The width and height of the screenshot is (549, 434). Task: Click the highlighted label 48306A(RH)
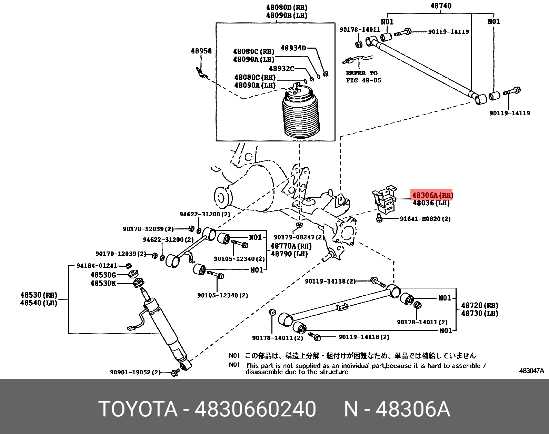pos(432,195)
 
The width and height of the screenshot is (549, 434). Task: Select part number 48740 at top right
pos(440,6)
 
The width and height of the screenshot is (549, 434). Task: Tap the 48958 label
pos(201,51)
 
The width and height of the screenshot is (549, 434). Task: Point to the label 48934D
pos(293,48)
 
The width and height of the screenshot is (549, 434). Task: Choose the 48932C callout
pos(281,69)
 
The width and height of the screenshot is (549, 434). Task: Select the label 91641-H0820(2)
pos(425,219)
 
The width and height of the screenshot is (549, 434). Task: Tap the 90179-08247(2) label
pos(299,237)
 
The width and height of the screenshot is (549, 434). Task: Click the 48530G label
pos(103,275)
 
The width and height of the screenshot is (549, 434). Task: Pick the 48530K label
pos(103,283)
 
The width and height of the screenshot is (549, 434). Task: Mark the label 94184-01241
pos(97,266)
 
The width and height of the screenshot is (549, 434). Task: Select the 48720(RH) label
pos(479,305)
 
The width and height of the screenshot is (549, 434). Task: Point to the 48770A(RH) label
pos(291,246)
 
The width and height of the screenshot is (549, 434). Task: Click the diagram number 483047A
pos(531,371)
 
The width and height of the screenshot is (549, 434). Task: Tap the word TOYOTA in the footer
pos(138,410)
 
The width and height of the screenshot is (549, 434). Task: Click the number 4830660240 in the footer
pos(255,410)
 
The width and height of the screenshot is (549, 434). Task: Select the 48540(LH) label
pos(39,303)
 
